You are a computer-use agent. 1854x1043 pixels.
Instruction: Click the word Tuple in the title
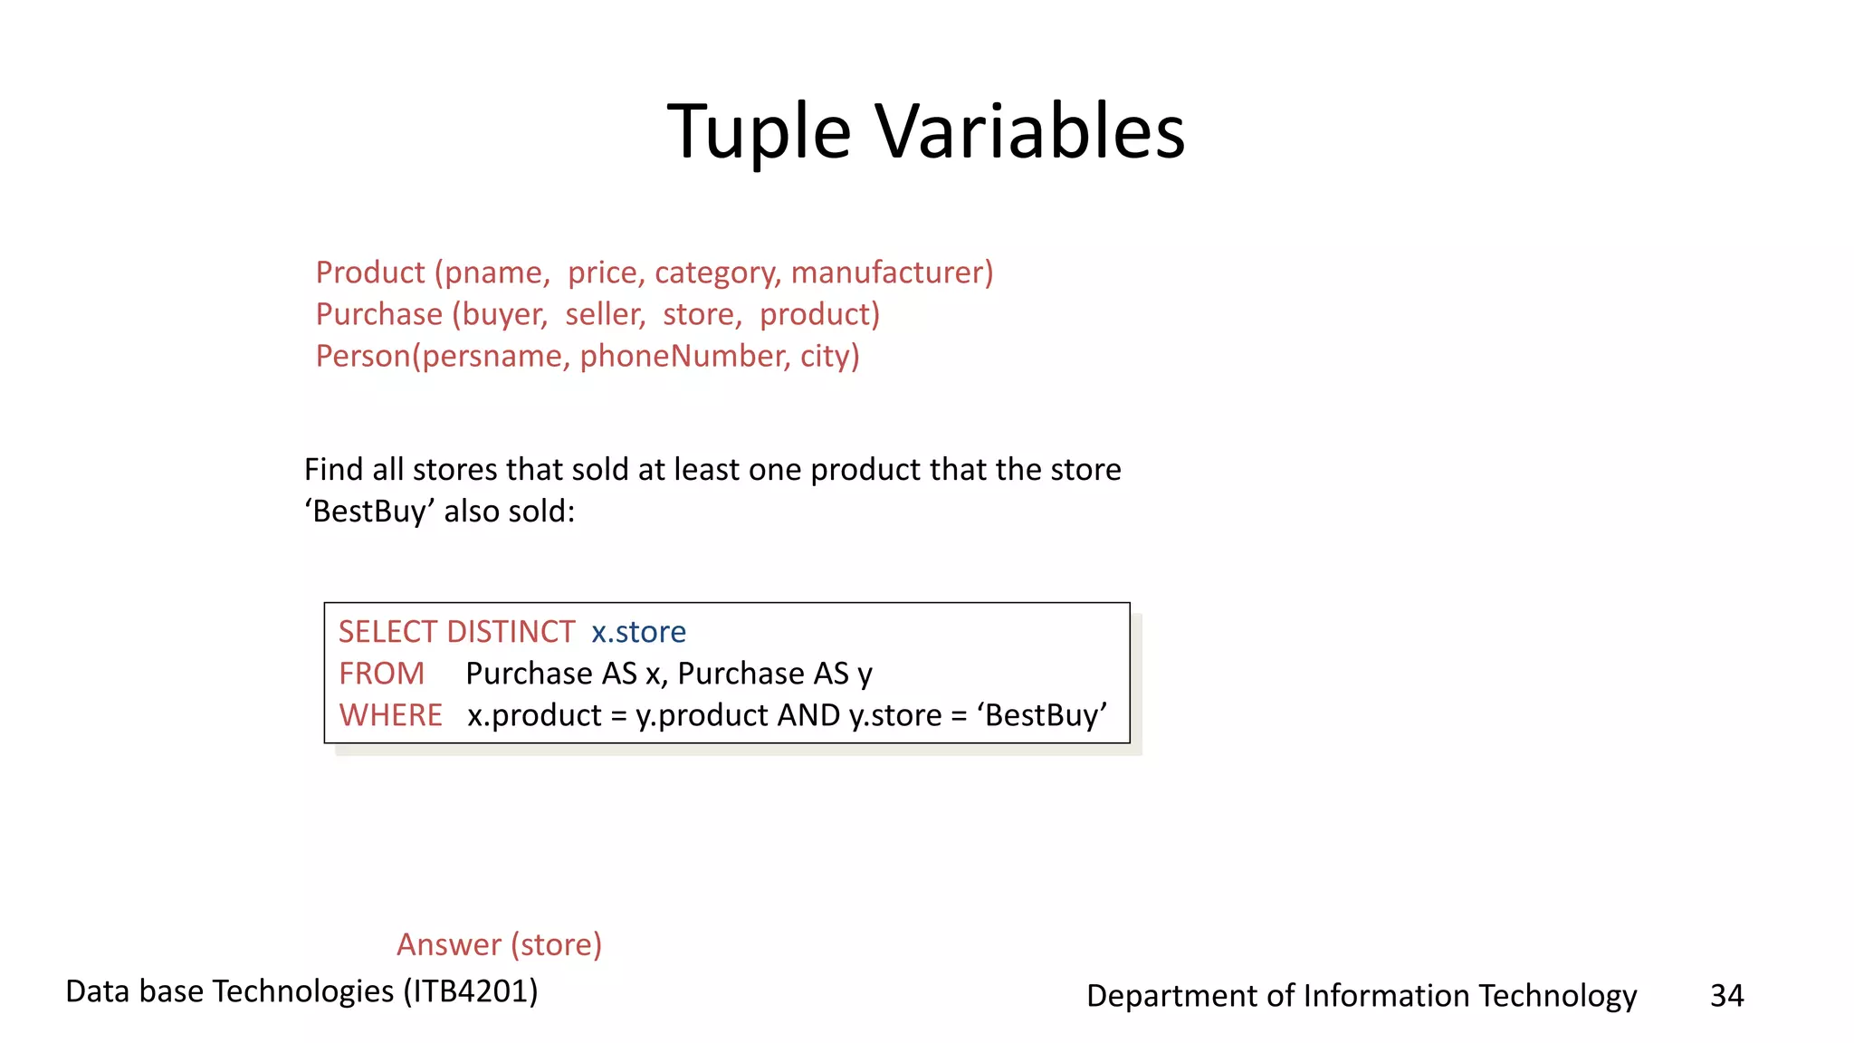759,131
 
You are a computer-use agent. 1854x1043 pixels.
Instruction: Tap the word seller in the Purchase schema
605,314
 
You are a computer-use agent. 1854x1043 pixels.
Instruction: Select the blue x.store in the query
638,631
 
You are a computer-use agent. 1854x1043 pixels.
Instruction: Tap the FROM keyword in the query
381,673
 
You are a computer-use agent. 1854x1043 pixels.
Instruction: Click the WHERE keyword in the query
390,714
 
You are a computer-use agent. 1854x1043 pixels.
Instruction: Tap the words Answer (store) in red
499,944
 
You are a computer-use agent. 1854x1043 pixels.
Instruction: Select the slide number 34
1726,995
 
